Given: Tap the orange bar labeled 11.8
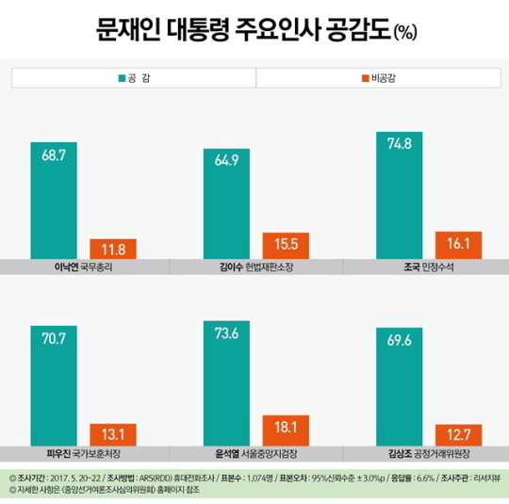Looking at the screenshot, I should point(113,249).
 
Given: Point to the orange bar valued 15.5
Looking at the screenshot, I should point(286,245).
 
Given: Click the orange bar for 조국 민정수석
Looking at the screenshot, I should point(458,244).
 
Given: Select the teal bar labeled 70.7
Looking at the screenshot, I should point(54,383).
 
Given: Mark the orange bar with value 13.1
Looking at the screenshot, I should point(113,434).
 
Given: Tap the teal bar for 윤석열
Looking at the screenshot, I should point(227,381).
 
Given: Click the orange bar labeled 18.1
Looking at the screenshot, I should point(286,429).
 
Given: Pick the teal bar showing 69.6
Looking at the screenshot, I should point(399,385).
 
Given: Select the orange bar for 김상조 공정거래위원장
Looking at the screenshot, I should point(458,434).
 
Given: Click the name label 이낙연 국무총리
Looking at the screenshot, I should point(84,268).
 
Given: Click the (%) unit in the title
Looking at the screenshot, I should point(405,34).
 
